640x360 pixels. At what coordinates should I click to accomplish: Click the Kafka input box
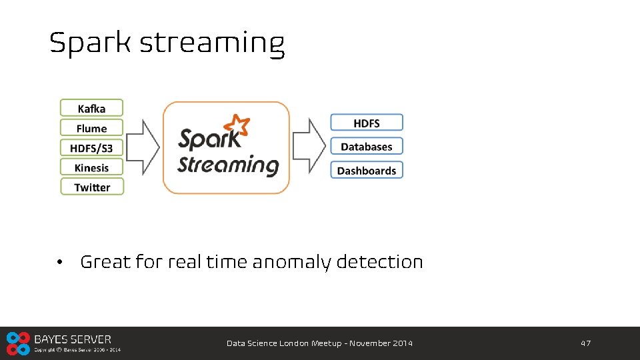point(92,108)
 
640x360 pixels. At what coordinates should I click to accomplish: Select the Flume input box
point(92,128)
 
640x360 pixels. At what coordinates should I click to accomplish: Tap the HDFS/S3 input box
point(92,147)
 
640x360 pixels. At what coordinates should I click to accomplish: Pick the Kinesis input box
point(92,167)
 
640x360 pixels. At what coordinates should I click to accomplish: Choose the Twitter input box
point(92,187)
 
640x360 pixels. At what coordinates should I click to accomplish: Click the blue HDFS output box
point(367,123)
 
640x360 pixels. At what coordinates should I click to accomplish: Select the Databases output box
point(367,147)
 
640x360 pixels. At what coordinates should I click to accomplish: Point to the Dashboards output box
point(367,171)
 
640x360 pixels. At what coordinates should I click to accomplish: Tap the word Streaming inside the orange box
point(228,165)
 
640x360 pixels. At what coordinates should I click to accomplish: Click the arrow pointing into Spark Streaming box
point(143,147)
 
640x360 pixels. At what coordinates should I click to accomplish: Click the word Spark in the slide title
point(91,44)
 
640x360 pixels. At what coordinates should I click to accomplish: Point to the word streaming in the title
point(212,44)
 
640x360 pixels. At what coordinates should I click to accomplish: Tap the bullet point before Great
point(60,263)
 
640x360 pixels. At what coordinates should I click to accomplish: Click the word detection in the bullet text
point(379,262)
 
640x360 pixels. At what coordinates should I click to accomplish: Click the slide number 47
point(585,343)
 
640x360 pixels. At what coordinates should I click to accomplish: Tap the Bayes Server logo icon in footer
point(18,343)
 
